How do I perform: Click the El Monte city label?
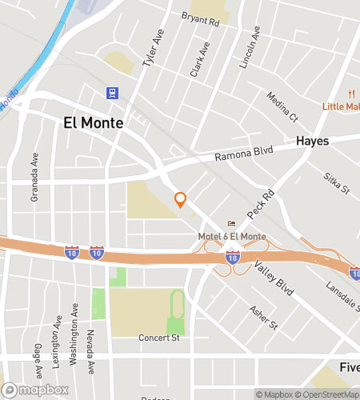click(94, 123)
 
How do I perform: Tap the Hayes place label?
click(313, 140)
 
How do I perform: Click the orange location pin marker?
click(181, 200)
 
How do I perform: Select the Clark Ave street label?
click(199, 59)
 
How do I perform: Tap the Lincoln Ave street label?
click(250, 47)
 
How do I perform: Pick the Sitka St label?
click(337, 184)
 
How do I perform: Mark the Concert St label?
click(158, 338)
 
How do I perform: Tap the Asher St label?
click(262, 318)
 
